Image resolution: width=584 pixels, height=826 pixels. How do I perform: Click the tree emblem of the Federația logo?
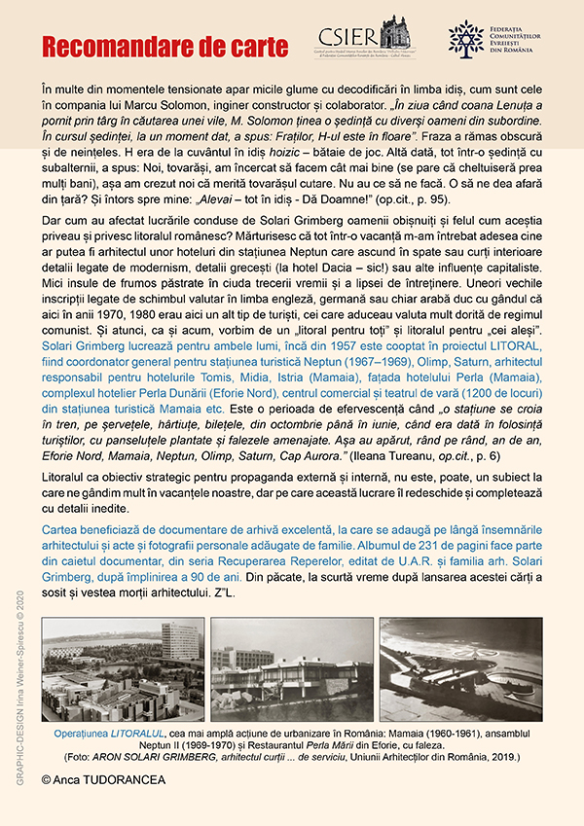coord(465,37)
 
